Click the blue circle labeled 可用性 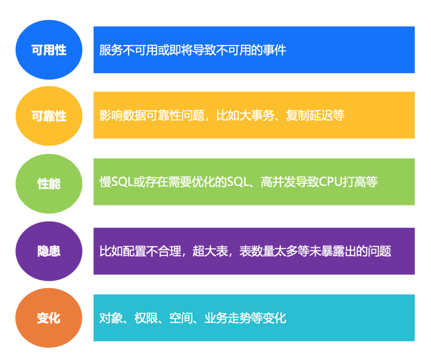pos(49,50)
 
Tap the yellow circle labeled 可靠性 pos(49,116)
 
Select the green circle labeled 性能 pos(49,183)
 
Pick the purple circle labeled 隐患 pos(49,251)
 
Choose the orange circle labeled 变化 pos(49,318)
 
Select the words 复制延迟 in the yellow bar pos(310,115)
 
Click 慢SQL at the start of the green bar pos(117,182)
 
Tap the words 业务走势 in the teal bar pos(228,318)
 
